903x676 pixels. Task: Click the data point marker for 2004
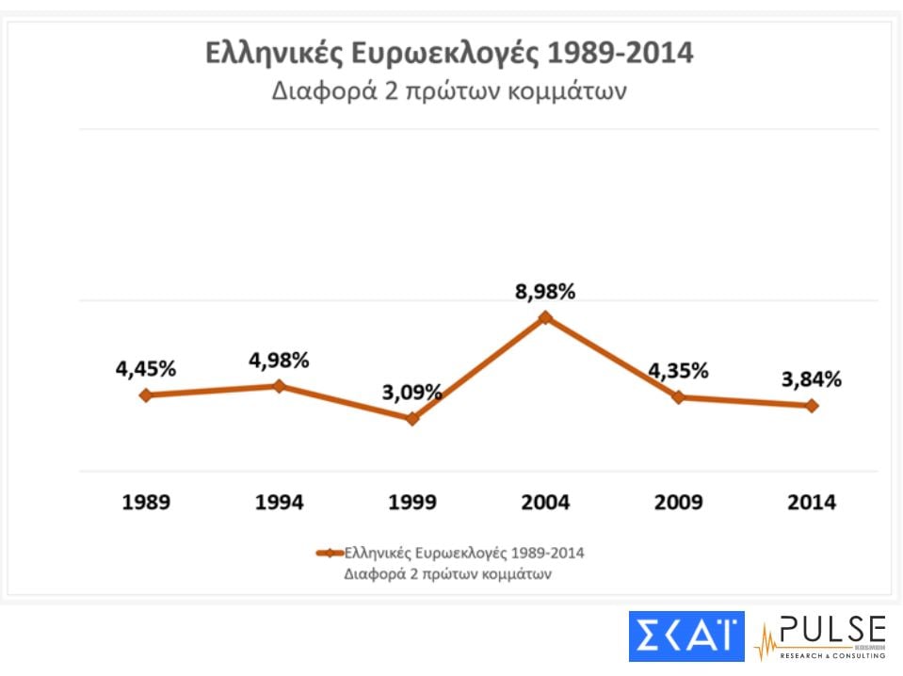click(x=545, y=318)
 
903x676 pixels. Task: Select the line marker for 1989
click(x=145, y=395)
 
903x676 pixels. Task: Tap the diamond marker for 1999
click(x=411, y=419)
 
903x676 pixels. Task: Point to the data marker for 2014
click(x=812, y=406)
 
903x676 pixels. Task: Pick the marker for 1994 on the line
click(x=279, y=386)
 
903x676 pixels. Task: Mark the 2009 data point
click(x=678, y=397)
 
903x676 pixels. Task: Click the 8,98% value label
click(x=545, y=292)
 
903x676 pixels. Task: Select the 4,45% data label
click(x=146, y=369)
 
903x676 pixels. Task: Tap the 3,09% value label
click(x=411, y=392)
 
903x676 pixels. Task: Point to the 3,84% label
click(x=812, y=379)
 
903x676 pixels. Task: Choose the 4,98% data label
click(x=279, y=360)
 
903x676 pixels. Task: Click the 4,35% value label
click(x=678, y=370)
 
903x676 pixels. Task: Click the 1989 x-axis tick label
click(x=146, y=502)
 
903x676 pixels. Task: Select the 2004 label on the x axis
click(x=545, y=502)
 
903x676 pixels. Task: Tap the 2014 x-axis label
click(x=812, y=502)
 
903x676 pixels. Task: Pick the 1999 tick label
click(x=411, y=502)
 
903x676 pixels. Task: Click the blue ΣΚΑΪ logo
click(x=686, y=636)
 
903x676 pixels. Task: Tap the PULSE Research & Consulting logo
click(x=820, y=637)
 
